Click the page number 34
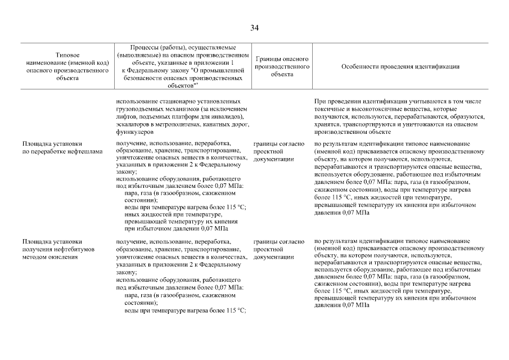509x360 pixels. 254,28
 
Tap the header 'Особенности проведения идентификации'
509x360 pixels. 400,66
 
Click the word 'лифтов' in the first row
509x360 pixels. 126,115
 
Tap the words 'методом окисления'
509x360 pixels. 49,256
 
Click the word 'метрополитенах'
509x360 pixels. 188,123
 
